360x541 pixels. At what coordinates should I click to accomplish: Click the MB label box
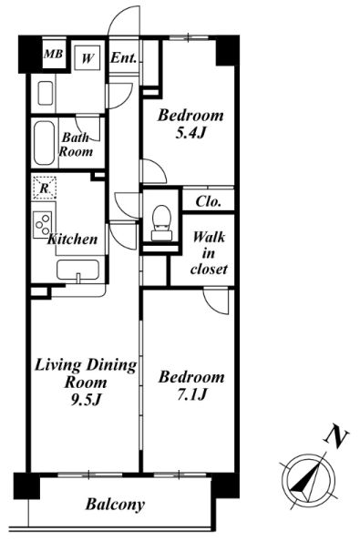tap(54, 54)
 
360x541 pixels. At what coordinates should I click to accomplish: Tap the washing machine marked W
tap(87, 58)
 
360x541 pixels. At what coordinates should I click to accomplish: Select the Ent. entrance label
tap(124, 58)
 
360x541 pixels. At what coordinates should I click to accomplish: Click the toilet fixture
tap(161, 223)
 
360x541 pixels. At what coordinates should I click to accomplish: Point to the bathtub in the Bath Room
tap(45, 143)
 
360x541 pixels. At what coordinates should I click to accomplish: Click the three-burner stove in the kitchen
tap(43, 225)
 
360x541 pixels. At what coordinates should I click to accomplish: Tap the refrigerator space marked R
tap(44, 188)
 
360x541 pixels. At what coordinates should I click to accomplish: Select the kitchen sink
tap(78, 270)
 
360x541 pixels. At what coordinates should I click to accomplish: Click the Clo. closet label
tap(208, 202)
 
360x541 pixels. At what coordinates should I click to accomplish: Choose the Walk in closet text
tap(209, 253)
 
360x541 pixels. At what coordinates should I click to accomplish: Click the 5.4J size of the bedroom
tap(190, 133)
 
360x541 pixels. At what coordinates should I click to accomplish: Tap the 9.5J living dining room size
tap(86, 400)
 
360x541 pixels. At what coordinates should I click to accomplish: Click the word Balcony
tap(115, 505)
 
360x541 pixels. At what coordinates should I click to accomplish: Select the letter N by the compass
tap(336, 435)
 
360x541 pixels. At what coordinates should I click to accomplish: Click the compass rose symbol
tap(309, 480)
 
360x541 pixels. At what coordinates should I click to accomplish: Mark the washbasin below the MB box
tap(46, 93)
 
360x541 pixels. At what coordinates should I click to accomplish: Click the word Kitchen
tap(73, 240)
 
